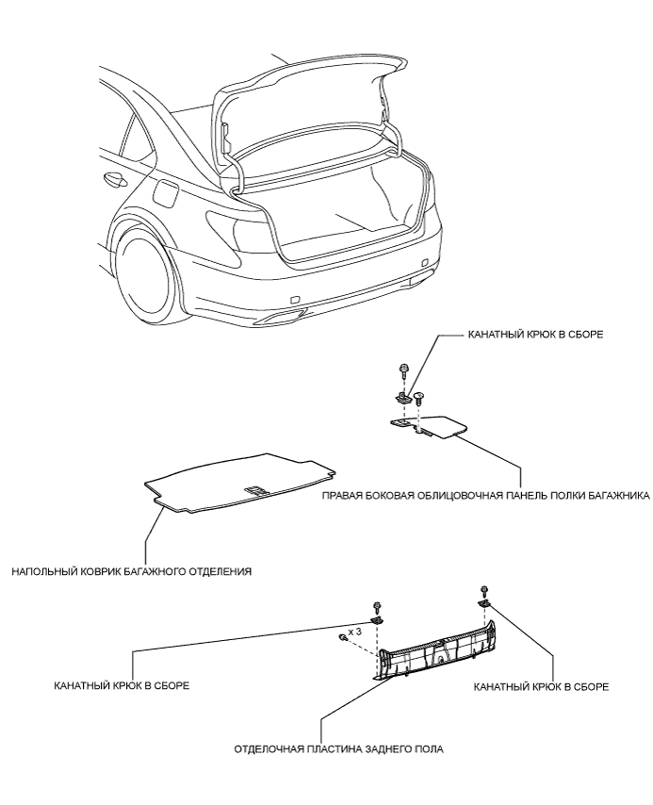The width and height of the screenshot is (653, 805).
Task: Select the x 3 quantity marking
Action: (354, 632)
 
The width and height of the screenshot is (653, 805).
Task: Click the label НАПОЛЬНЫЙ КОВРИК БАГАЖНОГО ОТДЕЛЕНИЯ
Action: (132, 571)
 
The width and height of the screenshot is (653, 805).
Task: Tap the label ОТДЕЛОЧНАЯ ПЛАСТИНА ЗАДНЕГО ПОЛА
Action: (339, 749)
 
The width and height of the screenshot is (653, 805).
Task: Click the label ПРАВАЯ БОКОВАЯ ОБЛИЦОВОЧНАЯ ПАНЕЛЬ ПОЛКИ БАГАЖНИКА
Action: (485, 496)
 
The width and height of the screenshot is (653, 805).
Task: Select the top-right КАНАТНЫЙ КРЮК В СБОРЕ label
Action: (535, 335)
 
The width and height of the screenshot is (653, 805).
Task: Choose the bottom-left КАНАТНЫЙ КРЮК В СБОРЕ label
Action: (122, 685)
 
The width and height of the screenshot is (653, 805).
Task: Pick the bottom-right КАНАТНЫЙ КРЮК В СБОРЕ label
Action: (541, 686)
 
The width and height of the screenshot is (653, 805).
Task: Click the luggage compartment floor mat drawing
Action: (240, 482)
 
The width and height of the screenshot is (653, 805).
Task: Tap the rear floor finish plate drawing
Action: (435, 650)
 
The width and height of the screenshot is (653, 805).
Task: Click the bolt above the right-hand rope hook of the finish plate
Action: (483, 590)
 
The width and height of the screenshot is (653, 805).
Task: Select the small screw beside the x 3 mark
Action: (341, 637)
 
